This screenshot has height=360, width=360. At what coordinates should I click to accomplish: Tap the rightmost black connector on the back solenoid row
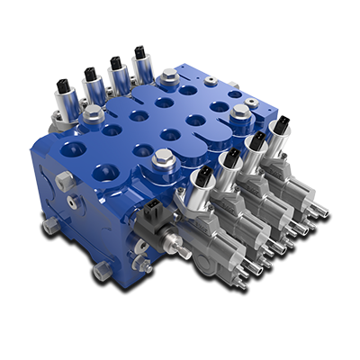pos(140,54)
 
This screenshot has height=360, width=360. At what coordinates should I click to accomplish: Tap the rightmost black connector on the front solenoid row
pos(282,124)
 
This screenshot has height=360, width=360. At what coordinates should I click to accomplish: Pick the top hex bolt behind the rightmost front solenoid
pos(239,113)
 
